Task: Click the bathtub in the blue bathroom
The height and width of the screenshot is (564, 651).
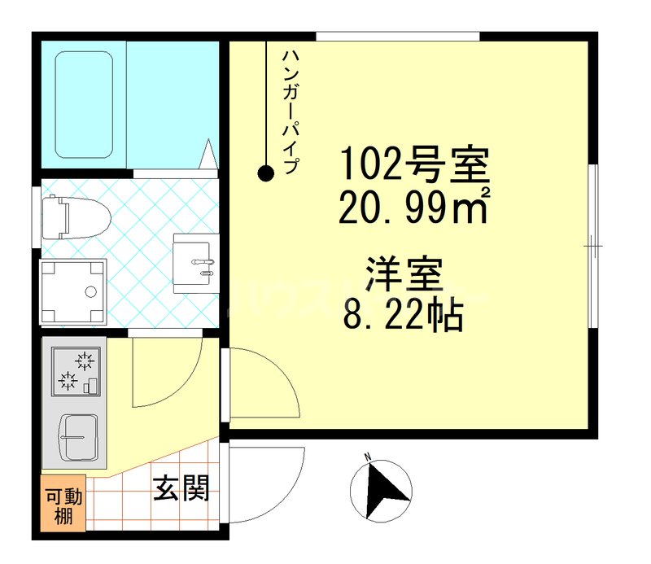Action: (x=84, y=104)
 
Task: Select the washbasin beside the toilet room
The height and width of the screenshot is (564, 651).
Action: (x=196, y=261)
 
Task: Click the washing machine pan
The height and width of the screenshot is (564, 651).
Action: (x=74, y=291)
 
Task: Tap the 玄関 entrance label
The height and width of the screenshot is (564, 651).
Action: (x=181, y=488)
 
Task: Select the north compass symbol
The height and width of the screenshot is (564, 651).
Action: (x=380, y=488)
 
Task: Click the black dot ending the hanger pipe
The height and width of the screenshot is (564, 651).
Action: (x=265, y=173)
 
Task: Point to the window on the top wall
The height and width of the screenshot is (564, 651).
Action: (x=396, y=36)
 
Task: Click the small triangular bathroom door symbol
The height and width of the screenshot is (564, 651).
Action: (x=209, y=154)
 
